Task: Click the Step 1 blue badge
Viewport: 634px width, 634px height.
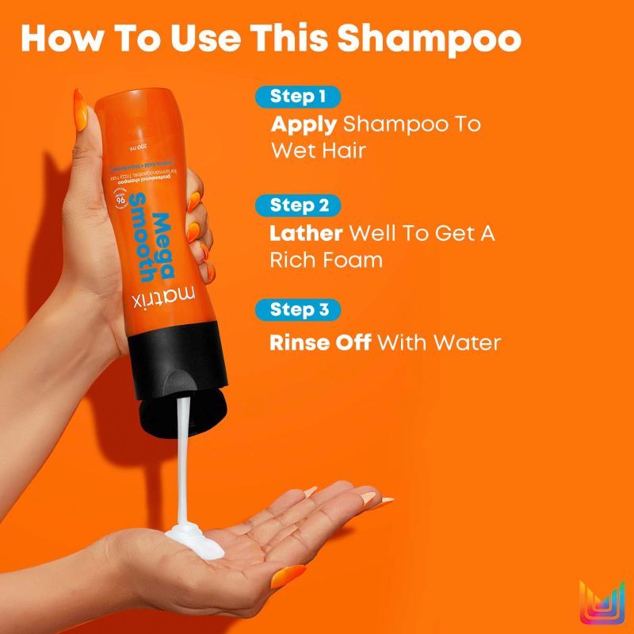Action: pos(298,97)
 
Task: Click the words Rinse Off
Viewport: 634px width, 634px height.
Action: pos(321,343)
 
